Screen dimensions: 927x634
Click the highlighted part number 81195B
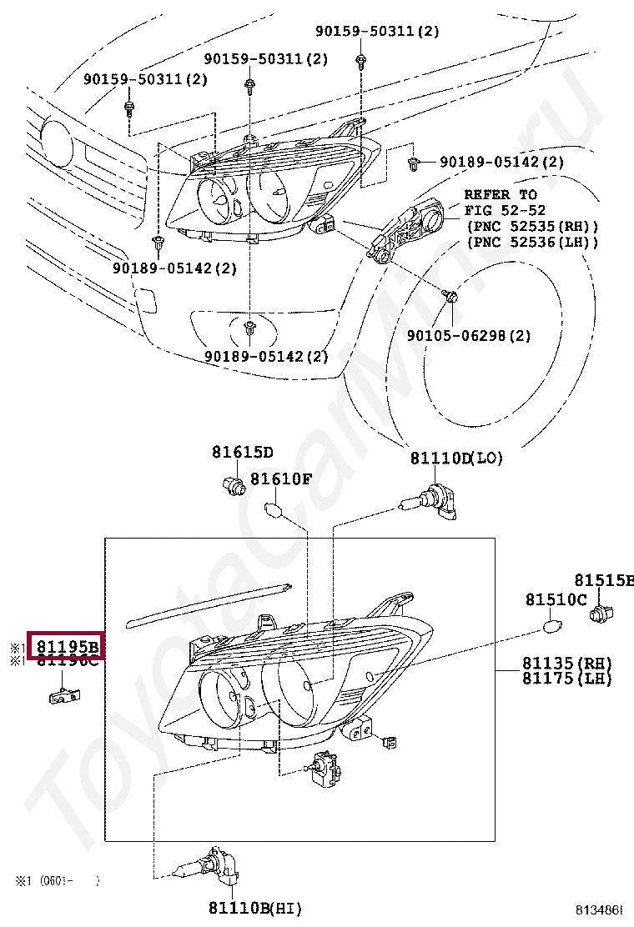coord(66,646)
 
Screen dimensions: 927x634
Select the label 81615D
coord(242,453)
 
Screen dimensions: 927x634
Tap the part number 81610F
coord(281,479)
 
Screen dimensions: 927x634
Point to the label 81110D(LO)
coord(456,458)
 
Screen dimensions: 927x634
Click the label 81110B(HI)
coord(255,907)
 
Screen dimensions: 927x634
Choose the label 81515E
coord(603,580)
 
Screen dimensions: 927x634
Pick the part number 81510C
coord(556,599)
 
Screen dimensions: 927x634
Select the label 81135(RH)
coord(567,664)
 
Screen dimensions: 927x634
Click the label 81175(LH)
coord(567,679)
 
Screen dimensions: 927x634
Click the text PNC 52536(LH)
coord(532,242)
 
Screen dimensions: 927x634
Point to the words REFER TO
coord(501,194)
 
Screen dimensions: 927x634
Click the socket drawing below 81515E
coord(600,615)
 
